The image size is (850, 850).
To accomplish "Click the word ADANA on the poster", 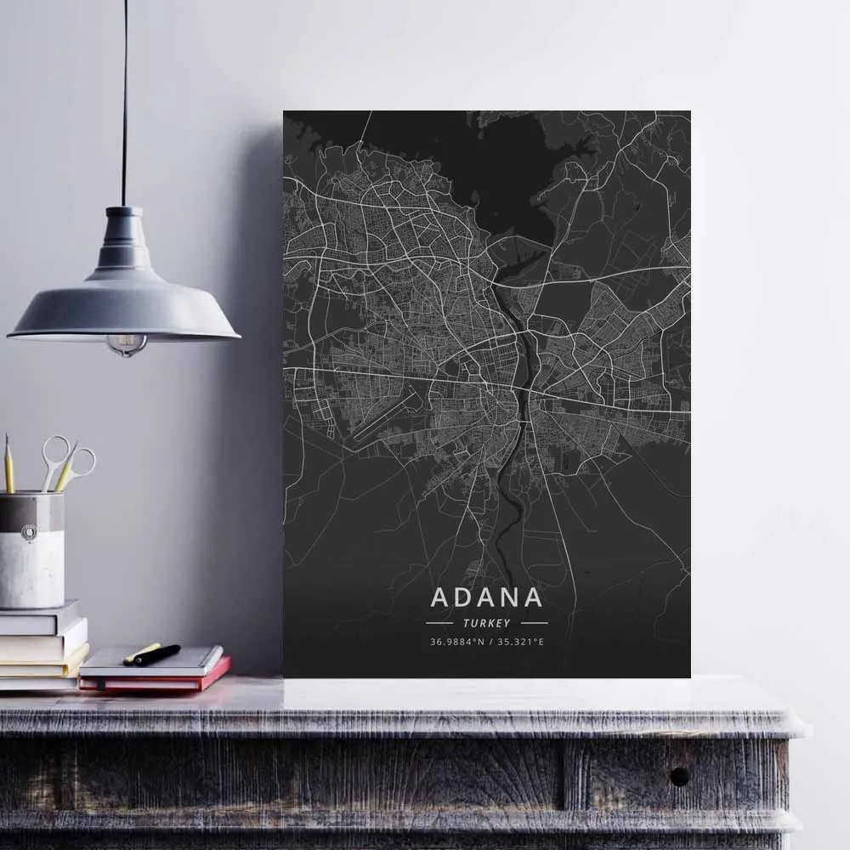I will (486, 597).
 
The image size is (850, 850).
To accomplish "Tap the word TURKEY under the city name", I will (487, 623).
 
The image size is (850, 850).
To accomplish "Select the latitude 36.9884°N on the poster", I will (456, 642).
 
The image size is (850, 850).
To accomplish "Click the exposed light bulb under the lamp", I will (127, 343).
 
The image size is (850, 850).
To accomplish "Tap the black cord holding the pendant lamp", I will (124, 102).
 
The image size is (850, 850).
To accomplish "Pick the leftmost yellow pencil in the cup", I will (8, 464).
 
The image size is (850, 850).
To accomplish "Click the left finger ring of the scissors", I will (55, 449).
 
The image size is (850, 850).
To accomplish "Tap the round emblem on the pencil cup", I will (29, 533).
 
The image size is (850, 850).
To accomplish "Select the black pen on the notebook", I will (158, 654).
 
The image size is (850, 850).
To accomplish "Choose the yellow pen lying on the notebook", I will (141, 653).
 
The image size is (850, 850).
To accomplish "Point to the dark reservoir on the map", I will (510, 204).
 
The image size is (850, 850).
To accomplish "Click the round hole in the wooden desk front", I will (679, 775).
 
